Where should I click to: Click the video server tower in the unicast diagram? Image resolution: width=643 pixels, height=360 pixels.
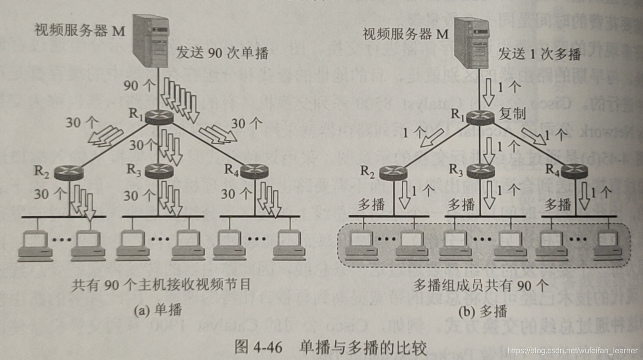click(152, 42)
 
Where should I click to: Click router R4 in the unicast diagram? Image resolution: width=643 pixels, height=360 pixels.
click(254, 171)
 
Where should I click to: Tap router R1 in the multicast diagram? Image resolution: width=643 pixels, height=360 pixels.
click(481, 117)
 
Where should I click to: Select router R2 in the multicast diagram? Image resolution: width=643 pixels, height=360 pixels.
click(393, 172)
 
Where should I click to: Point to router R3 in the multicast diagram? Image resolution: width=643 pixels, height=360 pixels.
click(480, 171)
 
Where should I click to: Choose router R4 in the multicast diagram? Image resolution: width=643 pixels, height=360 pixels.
click(574, 171)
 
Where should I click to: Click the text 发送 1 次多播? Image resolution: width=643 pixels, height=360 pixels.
click(540, 53)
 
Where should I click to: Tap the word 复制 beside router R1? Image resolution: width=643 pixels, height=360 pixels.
click(513, 114)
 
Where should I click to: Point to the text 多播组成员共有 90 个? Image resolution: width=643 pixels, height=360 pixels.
click(481, 286)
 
